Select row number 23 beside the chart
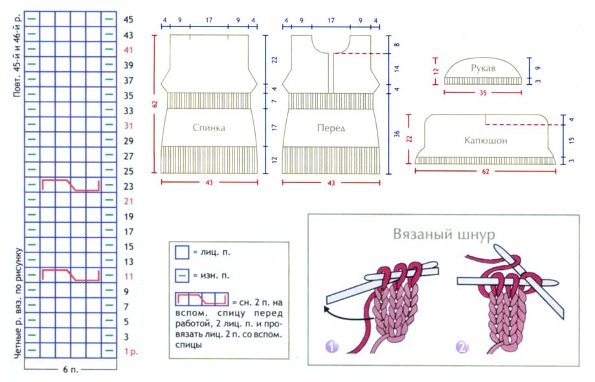[x=128, y=186]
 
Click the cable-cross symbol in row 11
[x=71, y=275]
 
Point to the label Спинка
[x=208, y=128]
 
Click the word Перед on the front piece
[x=331, y=128]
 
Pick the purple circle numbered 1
[x=332, y=348]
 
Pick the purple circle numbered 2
[x=462, y=348]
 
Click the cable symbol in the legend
[x=201, y=300]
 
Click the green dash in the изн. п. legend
[x=182, y=276]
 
